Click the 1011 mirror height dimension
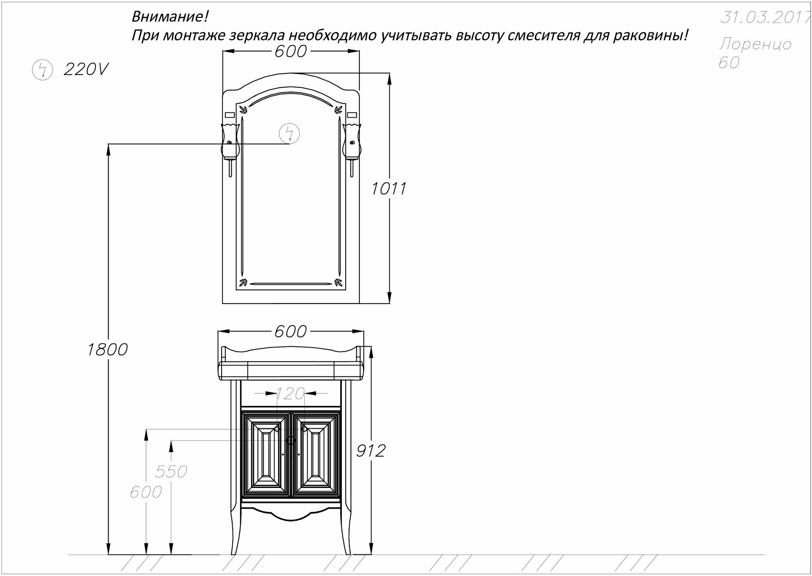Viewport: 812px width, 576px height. (x=389, y=189)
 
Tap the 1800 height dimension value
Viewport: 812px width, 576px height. (x=108, y=349)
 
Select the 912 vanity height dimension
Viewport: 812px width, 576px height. (x=370, y=451)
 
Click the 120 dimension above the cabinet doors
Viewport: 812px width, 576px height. (x=290, y=393)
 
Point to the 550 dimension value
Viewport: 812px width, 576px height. (x=171, y=472)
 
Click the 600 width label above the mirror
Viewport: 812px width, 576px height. (x=291, y=52)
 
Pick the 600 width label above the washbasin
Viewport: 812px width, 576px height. (x=290, y=332)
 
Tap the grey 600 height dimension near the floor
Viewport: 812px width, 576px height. (x=146, y=492)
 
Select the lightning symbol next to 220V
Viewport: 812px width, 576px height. (x=42, y=70)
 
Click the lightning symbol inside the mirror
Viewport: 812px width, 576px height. (x=289, y=134)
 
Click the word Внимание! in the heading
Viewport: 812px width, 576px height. (x=170, y=17)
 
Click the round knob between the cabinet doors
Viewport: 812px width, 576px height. (x=290, y=439)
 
